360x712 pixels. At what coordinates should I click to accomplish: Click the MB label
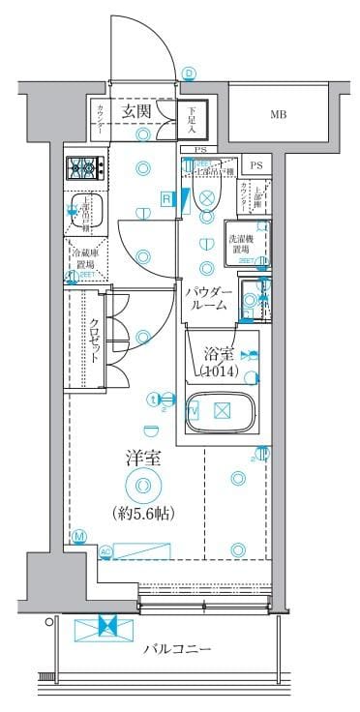(279, 116)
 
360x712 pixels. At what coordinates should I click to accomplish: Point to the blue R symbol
(167, 199)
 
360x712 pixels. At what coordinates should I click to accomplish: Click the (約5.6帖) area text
(142, 513)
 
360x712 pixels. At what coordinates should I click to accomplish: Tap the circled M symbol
(78, 537)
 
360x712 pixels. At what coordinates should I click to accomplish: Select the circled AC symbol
(106, 551)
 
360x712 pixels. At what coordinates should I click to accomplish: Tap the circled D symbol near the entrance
(189, 74)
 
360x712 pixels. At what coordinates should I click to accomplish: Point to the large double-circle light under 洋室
(143, 486)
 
